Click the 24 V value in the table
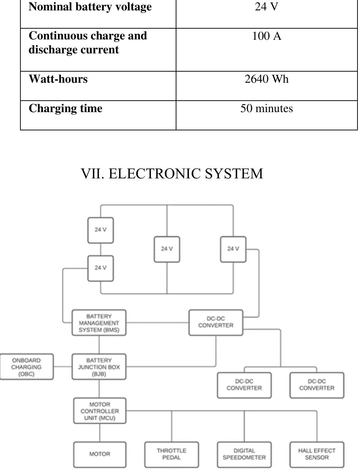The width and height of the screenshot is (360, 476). (x=266, y=7)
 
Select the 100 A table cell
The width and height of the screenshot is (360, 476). (x=267, y=36)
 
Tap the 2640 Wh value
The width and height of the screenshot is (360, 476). (x=266, y=79)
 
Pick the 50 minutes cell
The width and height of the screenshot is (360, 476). (x=266, y=108)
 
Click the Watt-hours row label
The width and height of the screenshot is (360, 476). (x=58, y=79)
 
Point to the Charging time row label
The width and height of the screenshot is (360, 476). (x=65, y=108)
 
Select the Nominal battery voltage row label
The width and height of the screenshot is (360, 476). (x=90, y=7)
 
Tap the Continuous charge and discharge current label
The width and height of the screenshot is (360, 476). (x=88, y=43)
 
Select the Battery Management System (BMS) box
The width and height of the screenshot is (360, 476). (x=99, y=323)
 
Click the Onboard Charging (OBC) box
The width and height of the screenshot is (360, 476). (x=26, y=367)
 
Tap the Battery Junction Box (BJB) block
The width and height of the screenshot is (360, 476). (x=99, y=367)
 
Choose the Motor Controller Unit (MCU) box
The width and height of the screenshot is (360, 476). (x=100, y=411)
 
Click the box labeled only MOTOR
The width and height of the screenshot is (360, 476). (x=100, y=454)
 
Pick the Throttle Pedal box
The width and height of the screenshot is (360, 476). (x=171, y=454)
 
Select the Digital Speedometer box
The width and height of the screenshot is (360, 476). (x=244, y=454)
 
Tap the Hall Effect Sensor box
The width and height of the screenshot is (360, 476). (x=317, y=454)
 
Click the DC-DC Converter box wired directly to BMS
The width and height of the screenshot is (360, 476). (x=216, y=322)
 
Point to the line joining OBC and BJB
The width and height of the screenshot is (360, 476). (x=63, y=366)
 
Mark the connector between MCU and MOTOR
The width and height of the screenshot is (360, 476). (x=99, y=433)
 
